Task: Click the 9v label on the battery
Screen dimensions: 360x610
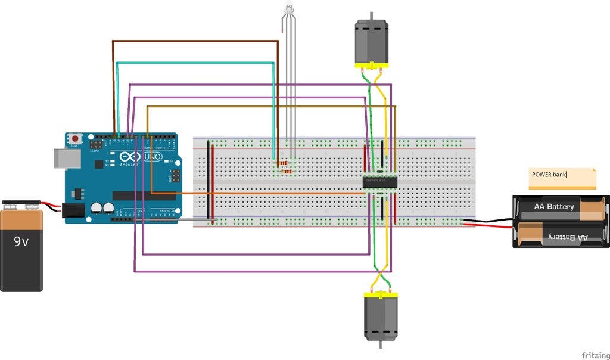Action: click(21, 241)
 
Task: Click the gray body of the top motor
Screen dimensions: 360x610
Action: click(371, 41)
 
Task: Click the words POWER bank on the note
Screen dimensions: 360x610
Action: click(549, 175)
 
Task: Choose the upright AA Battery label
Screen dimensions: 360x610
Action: click(555, 207)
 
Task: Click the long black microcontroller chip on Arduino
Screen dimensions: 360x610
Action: click(143, 195)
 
